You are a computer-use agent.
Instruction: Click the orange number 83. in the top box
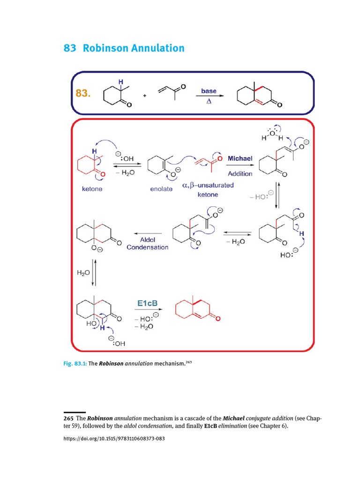pos(82,93)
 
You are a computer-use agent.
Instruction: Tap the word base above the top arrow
pos(209,90)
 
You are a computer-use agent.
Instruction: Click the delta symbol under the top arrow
pos(209,101)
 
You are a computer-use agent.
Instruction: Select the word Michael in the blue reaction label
pos(240,158)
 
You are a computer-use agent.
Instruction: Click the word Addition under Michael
pos(240,173)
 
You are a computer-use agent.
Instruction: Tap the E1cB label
pos(147,304)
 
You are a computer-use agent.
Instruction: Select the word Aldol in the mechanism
pos(148,239)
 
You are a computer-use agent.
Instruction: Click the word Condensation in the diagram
pos(148,247)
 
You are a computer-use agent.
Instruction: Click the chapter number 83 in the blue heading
pos(69,48)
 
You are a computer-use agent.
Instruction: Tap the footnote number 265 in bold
pos(69,418)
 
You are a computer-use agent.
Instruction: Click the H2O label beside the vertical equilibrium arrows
pos(83,271)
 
